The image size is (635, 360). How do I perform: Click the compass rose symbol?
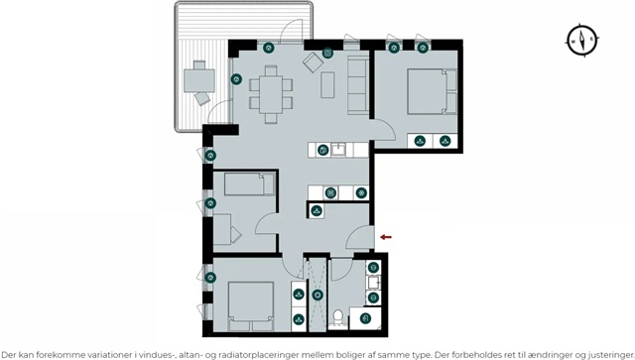click(x=582, y=40)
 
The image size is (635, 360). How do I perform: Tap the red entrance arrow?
click(x=386, y=237)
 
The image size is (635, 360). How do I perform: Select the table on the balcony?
click(x=199, y=80)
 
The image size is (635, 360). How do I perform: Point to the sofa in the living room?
click(x=358, y=84)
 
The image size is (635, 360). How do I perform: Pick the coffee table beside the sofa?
click(x=327, y=84)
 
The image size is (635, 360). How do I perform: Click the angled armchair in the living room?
click(x=314, y=62)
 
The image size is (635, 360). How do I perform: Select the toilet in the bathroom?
click(x=337, y=318)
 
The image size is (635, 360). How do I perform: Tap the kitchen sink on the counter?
click(x=338, y=150)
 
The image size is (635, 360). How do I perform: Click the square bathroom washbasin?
click(x=373, y=283)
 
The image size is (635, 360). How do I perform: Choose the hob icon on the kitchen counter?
click(x=330, y=192)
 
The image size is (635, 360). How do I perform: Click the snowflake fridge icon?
click(x=361, y=192)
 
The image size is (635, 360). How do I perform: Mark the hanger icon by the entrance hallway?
click(x=317, y=210)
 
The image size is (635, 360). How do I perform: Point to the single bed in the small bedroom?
click(x=249, y=184)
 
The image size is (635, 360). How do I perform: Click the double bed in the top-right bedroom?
click(x=432, y=91)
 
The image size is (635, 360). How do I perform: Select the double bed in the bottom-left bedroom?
click(x=251, y=306)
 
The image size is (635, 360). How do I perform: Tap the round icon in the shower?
click(x=317, y=295)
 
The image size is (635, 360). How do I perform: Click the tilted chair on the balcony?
click(x=202, y=98)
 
